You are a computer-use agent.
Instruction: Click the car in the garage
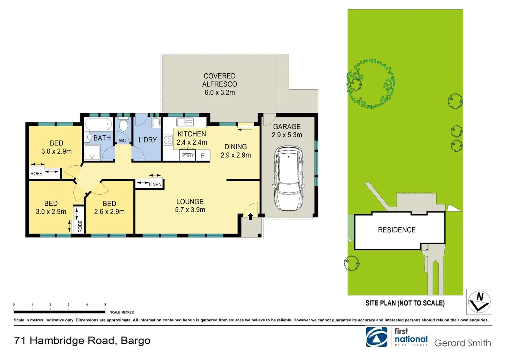(x=289, y=179)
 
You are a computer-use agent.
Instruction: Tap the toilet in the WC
(x=124, y=124)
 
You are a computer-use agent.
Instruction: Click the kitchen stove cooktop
(x=168, y=140)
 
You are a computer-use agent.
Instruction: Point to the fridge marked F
(x=203, y=155)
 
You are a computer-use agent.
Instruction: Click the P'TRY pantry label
(x=188, y=155)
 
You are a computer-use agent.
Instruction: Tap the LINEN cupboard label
(x=155, y=184)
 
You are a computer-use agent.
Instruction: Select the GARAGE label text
(x=287, y=127)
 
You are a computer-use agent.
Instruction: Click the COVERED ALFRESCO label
(x=220, y=80)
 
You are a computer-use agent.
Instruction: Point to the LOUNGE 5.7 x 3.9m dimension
(x=190, y=210)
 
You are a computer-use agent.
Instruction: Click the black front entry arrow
(x=250, y=216)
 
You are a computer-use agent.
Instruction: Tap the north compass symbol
(x=479, y=302)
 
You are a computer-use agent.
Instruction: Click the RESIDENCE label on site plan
(x=397, y=230)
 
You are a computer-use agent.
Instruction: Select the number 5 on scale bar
(x=105, y=305)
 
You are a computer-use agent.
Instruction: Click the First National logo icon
(x=377, y=337)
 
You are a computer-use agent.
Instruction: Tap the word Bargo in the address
(x=135, y=341)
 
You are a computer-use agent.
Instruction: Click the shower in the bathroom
(x=92, y=152)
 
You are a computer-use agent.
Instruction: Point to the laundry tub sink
(x=156, y=122)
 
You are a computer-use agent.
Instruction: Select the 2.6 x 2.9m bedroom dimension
(x=109, y=212)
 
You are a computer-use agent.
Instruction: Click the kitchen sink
(x=185, y=122)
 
